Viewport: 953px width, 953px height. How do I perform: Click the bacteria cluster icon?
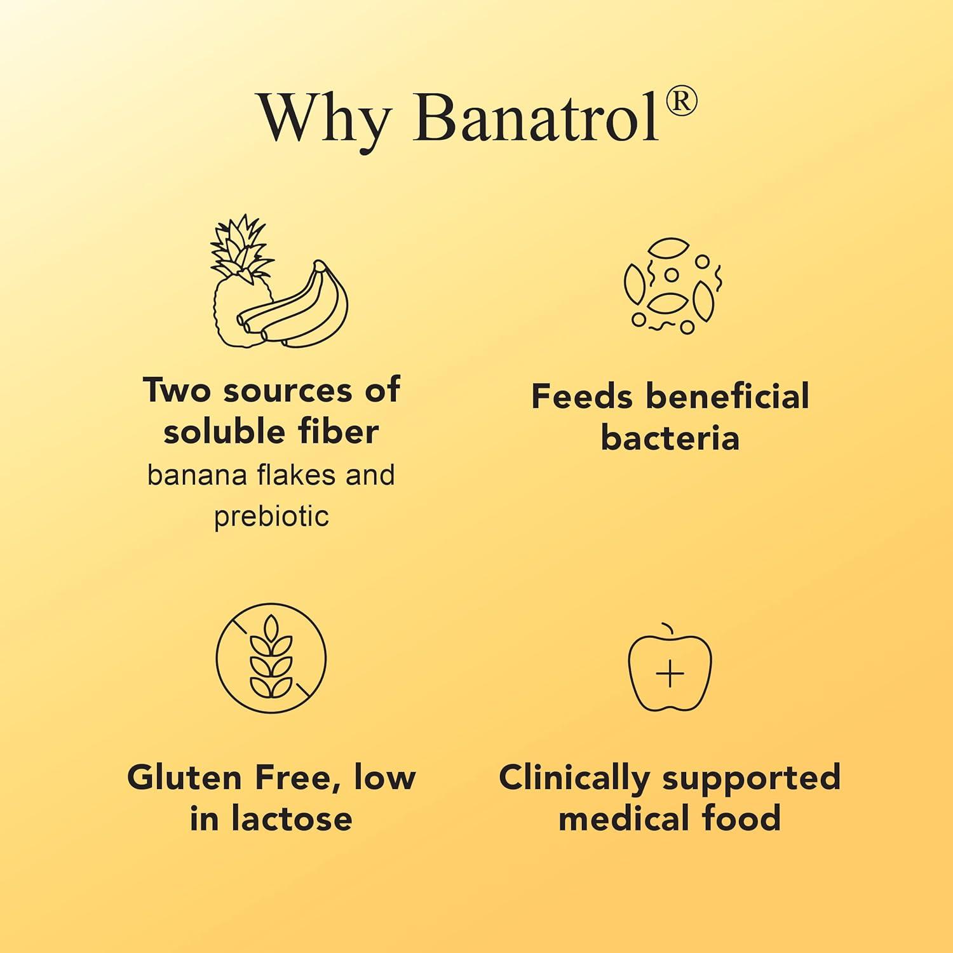click(x=672, y=286)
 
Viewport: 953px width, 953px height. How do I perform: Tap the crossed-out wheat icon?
click(x=271, y=658)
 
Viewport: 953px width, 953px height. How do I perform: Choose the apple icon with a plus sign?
click(x=670, y=670)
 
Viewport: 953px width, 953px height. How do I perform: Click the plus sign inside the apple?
click(x=670, y=674)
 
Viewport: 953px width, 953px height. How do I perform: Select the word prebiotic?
click(x=271, y=517)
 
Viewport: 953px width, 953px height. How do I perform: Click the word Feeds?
click(x=581, y=396)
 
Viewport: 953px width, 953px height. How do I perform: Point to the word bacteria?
click(x=670, y=438)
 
